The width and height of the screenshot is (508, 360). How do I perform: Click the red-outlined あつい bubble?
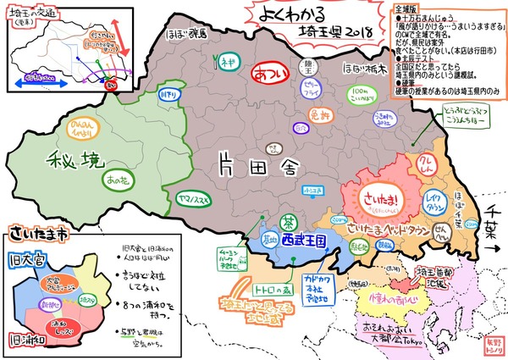tap(272, 74)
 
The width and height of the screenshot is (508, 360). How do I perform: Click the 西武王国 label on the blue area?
tap(301, 241)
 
